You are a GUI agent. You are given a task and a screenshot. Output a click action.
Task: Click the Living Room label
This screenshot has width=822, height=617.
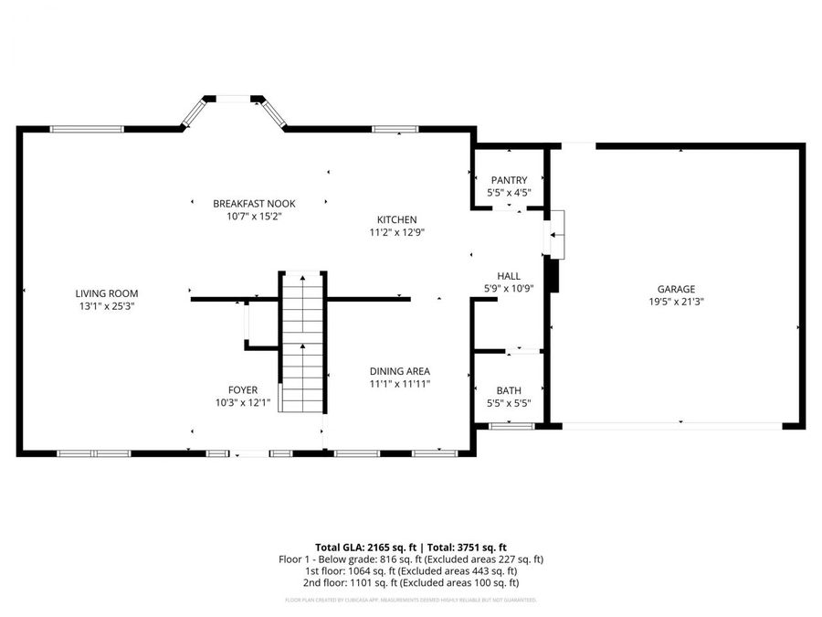pyautogui.click(x=107, y=293)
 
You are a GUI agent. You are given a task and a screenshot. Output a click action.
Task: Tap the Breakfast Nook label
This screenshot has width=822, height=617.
pyautogui.click(x=255, y=203)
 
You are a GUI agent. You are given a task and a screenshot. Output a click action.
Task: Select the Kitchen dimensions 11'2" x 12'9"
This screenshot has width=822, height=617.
pyautogui.click(x=397, y=233)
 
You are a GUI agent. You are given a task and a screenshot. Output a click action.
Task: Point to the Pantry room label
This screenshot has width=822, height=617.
pyautogui.click(x=509, y=180)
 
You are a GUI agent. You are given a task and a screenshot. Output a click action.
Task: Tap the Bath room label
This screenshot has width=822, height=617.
pyautogui.click(x=509, y=390)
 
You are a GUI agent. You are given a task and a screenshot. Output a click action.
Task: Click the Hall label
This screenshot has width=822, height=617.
pyautogui.click(x=509, y=275)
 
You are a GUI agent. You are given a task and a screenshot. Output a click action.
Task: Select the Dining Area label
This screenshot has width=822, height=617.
pyautogui.click(x=399, y=371)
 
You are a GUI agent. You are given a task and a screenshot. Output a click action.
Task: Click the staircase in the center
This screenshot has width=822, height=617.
pyautogui.click(x=303, y=342)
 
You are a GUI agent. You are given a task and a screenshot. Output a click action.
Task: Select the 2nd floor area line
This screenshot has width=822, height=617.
pyautogui.click(x=411, y=582)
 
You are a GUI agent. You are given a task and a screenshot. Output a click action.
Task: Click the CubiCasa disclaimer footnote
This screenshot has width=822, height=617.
pyautogui.click(x=411, y=601)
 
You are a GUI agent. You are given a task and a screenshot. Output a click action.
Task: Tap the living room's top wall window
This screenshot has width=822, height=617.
pyautogui.click(x=87, y=129)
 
